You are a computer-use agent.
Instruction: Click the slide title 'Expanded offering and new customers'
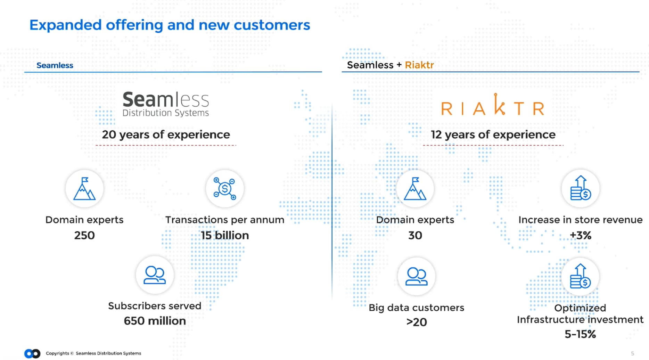pos(170,25)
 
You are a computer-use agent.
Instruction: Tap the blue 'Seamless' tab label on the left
pos(55,65)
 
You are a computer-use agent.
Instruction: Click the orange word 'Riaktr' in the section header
pos(419,65)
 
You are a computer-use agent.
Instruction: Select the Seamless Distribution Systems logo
pos(166,104)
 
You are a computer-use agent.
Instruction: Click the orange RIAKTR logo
pos(493,105)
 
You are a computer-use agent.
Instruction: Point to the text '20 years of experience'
pos(166,134)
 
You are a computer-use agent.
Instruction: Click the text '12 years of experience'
pos(493,134)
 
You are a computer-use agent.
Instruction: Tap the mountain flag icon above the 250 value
pos(84,189)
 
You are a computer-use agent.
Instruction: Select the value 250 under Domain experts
pos(84,235)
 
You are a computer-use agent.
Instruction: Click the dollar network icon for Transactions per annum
pos(225,189)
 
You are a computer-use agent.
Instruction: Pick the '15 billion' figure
pos(225,235)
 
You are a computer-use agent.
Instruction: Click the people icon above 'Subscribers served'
pos(155,275)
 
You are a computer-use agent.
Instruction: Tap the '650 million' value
pos(155,321)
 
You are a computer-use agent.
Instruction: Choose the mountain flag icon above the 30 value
pos(415,189)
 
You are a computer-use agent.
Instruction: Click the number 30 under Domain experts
pos(415,235)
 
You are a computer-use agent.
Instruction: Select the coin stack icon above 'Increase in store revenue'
pos(581,189)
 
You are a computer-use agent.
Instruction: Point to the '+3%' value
pos(581,235)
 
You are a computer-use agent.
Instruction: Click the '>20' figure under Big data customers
pos(417,322)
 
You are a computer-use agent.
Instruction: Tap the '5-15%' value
pos(580,334)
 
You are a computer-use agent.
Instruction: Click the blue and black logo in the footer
pos(32,353)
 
